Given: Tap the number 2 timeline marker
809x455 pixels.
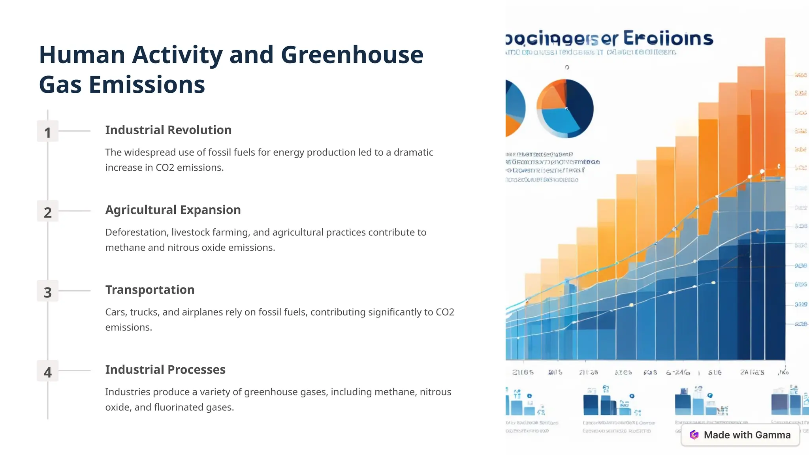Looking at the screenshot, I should [x=47, y=212].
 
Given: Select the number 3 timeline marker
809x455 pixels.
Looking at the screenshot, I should [x=47, y=291].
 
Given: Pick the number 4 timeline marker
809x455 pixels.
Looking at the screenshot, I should [x=47, y=371].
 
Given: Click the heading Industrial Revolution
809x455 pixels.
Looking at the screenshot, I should [x=168, y=130].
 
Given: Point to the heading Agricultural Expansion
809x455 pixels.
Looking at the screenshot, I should [x=173, y=210].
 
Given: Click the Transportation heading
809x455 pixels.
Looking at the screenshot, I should [x=150, y=290].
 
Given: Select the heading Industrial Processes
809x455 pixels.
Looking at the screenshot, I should [x=165, y=369].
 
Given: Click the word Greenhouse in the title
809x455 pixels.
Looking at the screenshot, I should [x=352, y=55].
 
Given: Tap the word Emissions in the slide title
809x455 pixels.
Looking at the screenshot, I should [x=147, y=85].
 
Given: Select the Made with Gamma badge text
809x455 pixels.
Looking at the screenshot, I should [x=747, y=435].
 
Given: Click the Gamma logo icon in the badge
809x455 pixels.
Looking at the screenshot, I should [x=694, y=435].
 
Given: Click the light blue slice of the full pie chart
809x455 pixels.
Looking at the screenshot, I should [x=559, y=120].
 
